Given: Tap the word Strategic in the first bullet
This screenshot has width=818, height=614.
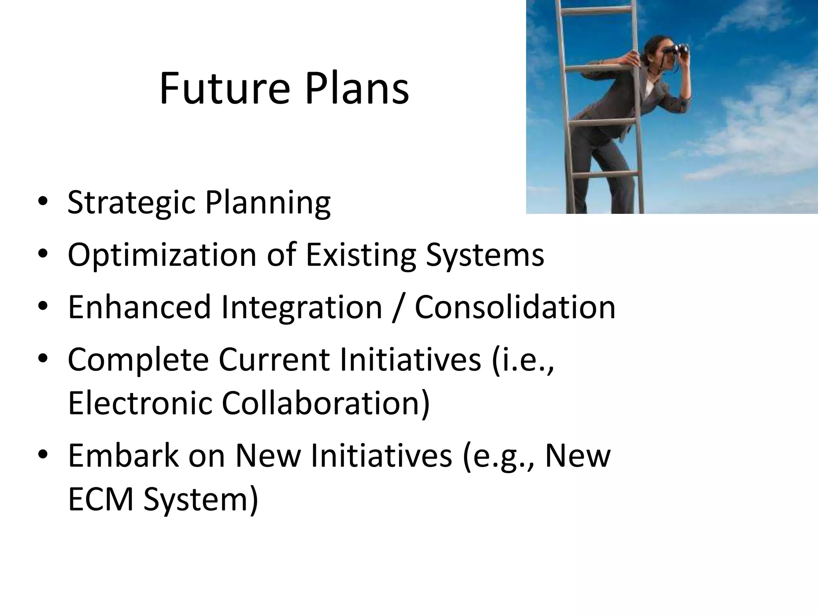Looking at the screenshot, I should [132, 203].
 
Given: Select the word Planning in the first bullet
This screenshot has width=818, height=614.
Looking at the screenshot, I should [268, 203].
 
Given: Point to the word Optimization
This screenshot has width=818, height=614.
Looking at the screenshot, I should [162, 255].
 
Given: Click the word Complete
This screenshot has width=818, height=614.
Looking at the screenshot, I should [138, 359].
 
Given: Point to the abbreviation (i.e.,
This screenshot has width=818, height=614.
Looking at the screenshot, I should [523, 359].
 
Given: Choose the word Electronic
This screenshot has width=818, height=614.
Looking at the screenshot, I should [140, 403].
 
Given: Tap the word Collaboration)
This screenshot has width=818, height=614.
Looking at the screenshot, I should [326, 403].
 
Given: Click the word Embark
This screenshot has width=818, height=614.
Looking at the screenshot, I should [123, 455].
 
